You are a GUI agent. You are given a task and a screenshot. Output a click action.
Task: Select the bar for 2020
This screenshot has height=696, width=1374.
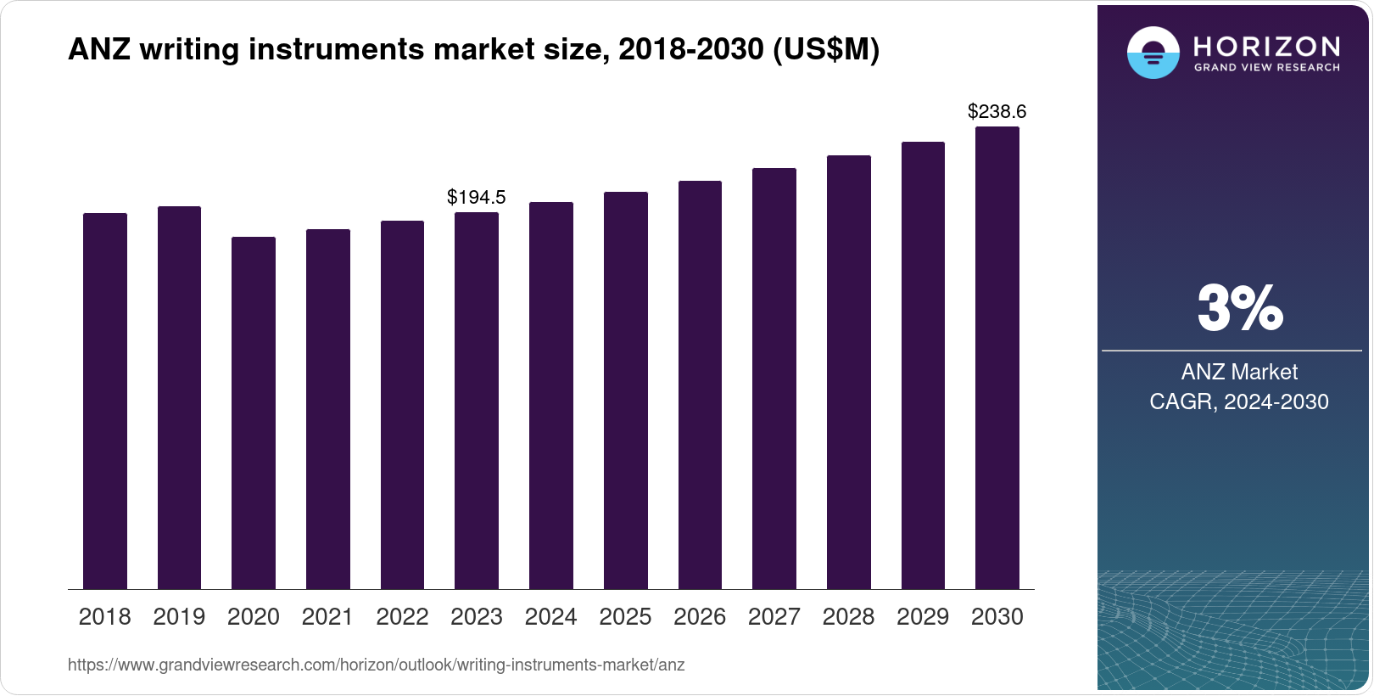(253, 413)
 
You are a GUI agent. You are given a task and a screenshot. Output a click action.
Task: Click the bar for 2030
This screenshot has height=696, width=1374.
(997, 357)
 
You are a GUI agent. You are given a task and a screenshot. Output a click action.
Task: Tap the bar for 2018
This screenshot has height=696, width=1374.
(104, 401)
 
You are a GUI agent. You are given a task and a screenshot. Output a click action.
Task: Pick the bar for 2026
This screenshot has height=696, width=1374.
(700, 384)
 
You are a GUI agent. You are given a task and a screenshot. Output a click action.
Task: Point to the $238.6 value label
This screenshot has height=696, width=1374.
(997, 111)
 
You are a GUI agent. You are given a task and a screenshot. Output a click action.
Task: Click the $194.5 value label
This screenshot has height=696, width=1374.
(476, 198)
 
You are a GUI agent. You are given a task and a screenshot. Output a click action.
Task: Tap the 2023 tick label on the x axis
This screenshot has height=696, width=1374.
(476, 617)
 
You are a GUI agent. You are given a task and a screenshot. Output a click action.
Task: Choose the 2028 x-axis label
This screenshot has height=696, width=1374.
(848, 617)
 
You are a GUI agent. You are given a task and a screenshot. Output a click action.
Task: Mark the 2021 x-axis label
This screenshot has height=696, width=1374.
(327, 617)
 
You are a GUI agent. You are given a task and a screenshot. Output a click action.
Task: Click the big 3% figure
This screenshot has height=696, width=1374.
(1240, 308)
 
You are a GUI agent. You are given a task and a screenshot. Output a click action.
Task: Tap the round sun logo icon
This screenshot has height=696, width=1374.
(1153, 53)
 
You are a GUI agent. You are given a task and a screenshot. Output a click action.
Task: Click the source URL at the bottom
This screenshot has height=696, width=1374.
(376, 665)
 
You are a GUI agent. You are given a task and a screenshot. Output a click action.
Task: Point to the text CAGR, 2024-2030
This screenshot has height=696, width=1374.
(1239, 401)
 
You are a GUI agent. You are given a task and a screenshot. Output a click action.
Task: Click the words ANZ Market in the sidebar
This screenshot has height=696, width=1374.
(1239, 372)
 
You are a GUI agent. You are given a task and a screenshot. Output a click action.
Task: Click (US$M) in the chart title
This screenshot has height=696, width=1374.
(825, 50)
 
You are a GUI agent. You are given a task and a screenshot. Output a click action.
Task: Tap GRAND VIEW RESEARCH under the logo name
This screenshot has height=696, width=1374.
(1266, 68)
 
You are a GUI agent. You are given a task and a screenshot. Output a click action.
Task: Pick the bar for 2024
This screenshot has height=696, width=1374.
(550, 395)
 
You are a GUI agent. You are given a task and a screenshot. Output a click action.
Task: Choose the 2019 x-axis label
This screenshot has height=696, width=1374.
(179, 617)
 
